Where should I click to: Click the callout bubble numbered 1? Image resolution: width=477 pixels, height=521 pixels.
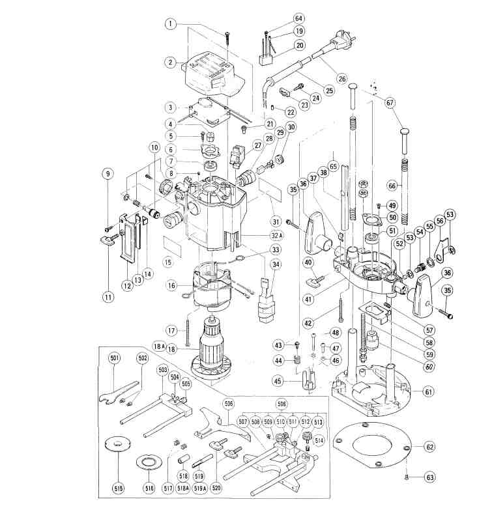point(171,23)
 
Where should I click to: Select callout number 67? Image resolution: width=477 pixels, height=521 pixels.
point(390,103)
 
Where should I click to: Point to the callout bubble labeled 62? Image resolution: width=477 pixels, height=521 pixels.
point(430,447)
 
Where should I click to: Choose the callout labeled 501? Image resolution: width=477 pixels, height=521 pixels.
point(115,358)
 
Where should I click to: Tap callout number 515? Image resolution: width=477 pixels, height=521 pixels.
point(119,488)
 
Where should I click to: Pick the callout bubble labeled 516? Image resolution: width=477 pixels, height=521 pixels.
point(150,488)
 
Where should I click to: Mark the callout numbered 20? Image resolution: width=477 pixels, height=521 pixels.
point(300,45)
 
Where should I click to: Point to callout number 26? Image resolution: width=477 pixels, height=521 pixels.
point(341,79)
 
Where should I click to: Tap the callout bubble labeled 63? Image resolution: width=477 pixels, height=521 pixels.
point(430,477)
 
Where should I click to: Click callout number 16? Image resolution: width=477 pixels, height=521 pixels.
point(171,285)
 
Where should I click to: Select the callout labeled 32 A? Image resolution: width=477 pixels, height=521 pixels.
point(276,236)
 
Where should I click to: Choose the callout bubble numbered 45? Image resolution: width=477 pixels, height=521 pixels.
point(277,381)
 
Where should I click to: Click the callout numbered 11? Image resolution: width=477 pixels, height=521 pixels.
point(108,297)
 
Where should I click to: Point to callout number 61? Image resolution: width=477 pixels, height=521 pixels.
point(429,392)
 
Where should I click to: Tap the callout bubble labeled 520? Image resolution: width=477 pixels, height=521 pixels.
point(217,488)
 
